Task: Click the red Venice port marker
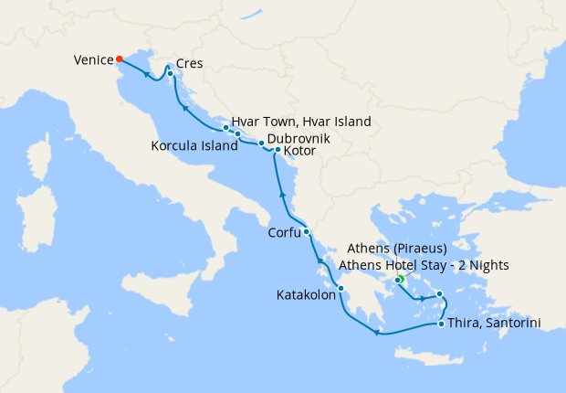click(120, 59)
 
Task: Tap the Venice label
click(92, 61)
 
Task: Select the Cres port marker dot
click(171, 73)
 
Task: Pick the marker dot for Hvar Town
click(225, 128)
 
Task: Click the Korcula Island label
click(188, 145)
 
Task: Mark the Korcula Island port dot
click(237, 135)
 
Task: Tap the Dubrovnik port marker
click(261, 143)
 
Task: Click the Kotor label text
click(300, 152)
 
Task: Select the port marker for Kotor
click(278, 150)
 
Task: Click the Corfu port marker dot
click(307, 231)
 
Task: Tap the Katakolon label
click(305, 295)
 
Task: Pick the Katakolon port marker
click(341, 289)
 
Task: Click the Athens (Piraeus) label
click(397, 249)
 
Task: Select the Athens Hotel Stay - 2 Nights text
click(424, 265)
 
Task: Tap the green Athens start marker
click(399, 280)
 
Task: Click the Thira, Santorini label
click(491, 324)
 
